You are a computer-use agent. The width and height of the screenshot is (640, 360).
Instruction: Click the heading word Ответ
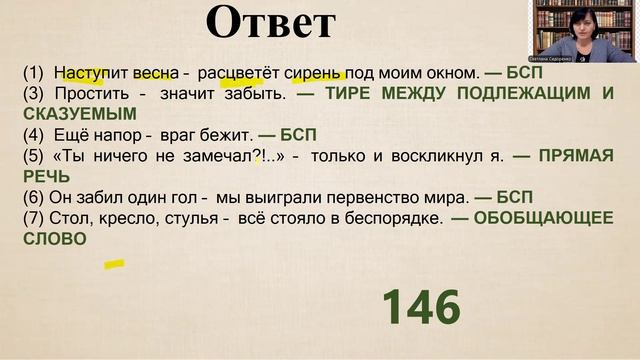[269, 23]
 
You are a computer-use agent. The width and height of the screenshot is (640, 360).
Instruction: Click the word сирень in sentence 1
[314, 74]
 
